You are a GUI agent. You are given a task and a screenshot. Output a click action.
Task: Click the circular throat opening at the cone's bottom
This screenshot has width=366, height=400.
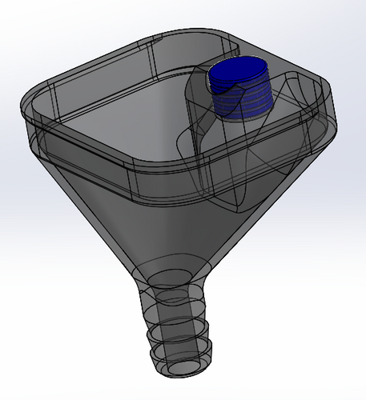[x=169, y=278]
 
